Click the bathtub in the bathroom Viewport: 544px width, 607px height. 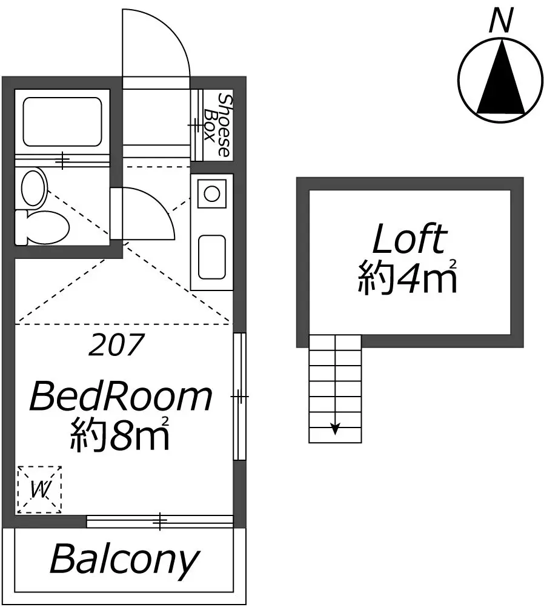[62, 121]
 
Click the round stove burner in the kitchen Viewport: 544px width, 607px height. [212, 193]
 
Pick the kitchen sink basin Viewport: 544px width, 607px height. [212, 257]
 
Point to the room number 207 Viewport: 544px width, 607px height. [116, 344]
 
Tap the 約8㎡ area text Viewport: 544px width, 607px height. [120, 434]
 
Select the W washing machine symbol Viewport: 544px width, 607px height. [39, 489]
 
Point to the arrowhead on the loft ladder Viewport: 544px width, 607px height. [335, 429]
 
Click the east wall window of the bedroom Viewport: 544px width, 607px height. [240, 397]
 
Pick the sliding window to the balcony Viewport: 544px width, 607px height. [160, 521]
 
